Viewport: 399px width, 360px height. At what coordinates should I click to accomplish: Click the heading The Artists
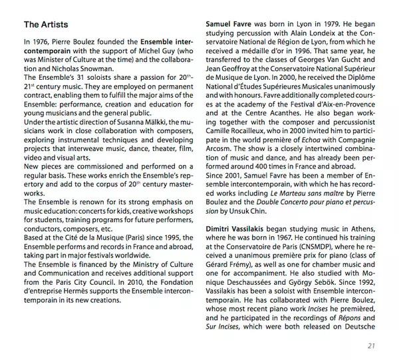46,25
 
